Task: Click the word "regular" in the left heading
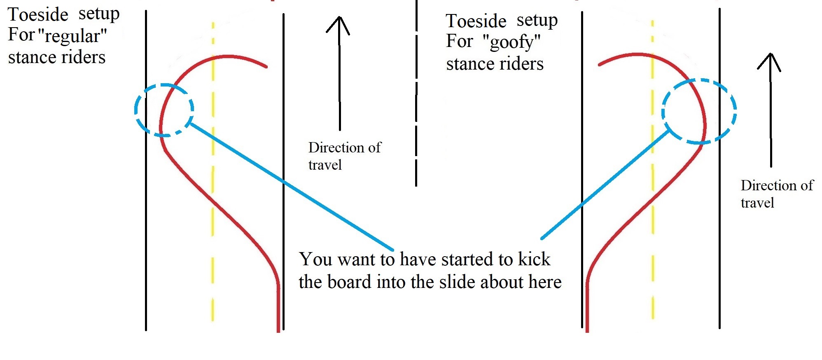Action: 72,36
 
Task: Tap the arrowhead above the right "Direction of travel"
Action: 770,60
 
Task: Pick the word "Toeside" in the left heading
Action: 38,15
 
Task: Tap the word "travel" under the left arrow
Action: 325,165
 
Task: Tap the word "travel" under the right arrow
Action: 757,203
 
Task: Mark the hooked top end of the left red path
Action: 266,66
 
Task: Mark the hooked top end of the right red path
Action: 600,65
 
